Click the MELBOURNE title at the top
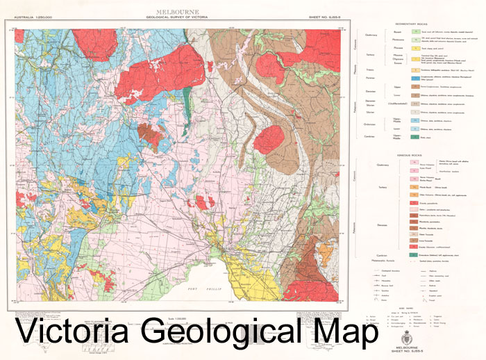[x=179, y=12]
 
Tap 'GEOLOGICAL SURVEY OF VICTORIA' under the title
[x=179, y=17]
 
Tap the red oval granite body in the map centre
[x=269, y=140]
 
